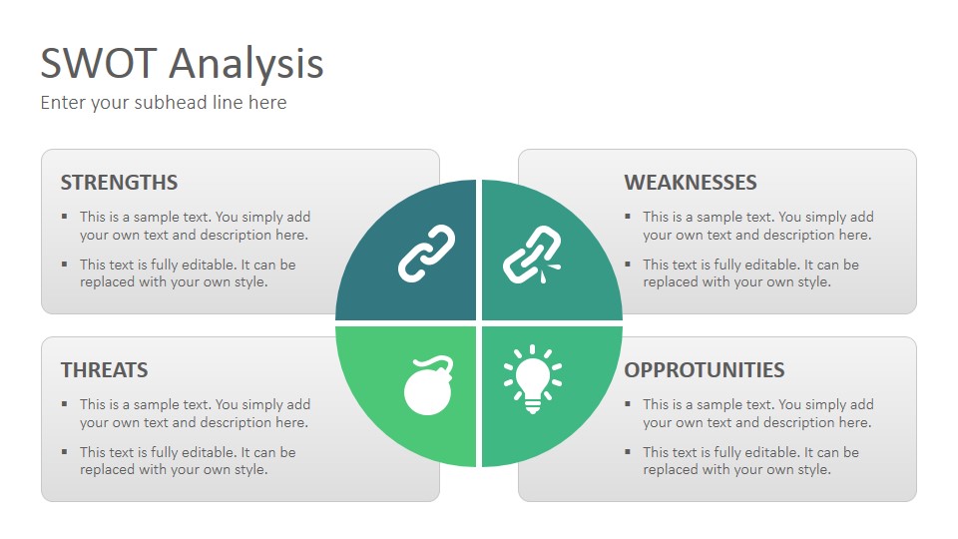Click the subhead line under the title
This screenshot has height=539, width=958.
click(163, 103)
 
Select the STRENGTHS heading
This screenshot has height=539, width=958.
click(119, 182)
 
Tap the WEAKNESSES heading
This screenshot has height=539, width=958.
click(691, 182)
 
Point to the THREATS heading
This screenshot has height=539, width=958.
click(105, 369)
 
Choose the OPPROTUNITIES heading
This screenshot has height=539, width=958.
click(705, 369)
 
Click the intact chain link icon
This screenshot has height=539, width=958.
click(426, 254)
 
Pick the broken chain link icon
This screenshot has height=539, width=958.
click(532, 255)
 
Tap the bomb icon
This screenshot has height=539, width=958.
click(429, 385)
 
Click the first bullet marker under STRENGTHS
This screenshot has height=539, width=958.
click(64, 217)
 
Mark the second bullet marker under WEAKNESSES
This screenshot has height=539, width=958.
click(628, 265)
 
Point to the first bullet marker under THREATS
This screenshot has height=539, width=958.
click(64, 404)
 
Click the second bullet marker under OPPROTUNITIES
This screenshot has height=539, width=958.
click(628, 452)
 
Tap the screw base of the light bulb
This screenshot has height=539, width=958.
click(533, 406)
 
